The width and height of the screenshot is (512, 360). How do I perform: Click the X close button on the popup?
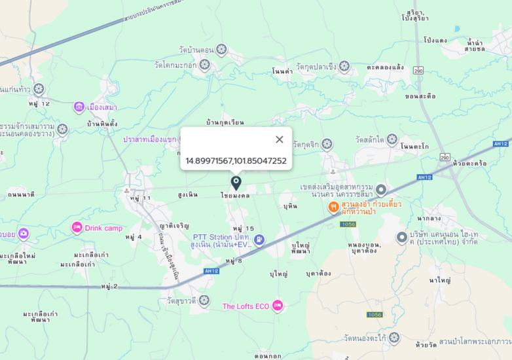(280, 139)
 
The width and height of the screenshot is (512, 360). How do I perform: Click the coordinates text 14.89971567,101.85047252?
(236, 161)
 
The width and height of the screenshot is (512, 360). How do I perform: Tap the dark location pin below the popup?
(236, 183)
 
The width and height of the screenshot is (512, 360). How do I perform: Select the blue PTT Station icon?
(259, 240)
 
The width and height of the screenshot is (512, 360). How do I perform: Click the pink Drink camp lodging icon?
(77, 228)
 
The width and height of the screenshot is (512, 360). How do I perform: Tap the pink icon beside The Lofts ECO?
(278, 306)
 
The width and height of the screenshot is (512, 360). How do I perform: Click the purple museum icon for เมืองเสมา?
(79, 107)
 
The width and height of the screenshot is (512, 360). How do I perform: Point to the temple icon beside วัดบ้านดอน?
(221, 49)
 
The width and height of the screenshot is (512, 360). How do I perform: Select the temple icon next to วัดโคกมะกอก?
(205, 65)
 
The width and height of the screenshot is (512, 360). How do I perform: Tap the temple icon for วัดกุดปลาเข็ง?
(344, 66)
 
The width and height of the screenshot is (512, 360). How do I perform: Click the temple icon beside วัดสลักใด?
(392, 139)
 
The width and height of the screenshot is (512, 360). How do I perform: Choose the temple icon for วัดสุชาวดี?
(204, 300)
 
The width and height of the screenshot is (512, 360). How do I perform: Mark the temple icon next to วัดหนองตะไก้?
(393, 338)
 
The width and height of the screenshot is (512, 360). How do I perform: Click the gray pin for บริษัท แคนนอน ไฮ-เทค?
(402, 237)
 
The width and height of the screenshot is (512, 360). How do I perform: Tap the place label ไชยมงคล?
(234, 195)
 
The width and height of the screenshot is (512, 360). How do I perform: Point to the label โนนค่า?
(282, 71)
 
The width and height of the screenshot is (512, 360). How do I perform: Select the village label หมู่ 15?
(243, 228)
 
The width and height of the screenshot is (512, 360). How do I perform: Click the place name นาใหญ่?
(440, 280)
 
